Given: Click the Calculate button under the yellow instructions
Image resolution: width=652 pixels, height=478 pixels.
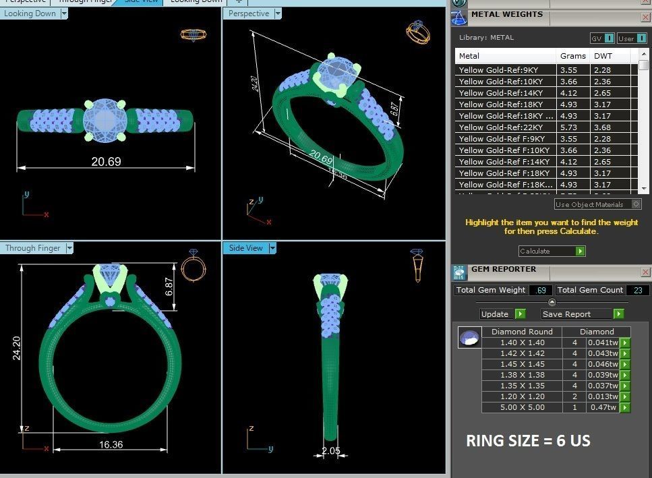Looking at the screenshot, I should pyautogui.click(x=552, y=251).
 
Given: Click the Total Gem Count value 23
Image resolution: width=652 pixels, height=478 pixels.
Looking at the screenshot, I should pyautogui.click(x=639, y=290).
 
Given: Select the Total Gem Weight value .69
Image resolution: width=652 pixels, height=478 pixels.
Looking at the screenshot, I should pyautogui.click(x=539, y=290).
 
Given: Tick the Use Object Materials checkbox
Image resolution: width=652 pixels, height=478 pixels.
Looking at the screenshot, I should pyautogui.click(x=636, y=204).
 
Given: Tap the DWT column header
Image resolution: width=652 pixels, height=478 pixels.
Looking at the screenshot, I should pyautogui.click(x=603, y=56).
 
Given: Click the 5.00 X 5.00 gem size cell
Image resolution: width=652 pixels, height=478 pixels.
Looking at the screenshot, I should pyautogui.click(x=522, y=407).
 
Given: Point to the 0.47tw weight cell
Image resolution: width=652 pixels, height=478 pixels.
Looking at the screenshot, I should pyautogui.click(x=601, y=407).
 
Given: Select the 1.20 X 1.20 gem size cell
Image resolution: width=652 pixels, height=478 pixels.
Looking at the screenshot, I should pyautogui.click(x=522, y=396).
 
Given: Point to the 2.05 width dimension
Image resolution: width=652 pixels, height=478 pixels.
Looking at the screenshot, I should pyautogui.click(x=330, y=450).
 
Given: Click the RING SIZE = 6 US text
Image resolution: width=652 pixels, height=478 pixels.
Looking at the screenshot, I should pyautogui.click(x=528, y=441).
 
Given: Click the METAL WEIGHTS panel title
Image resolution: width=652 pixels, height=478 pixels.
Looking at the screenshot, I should pyautogui.click(x=506, y=14).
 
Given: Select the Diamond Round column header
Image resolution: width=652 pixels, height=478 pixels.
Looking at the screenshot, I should pyautogui.click(x=522, y=332).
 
